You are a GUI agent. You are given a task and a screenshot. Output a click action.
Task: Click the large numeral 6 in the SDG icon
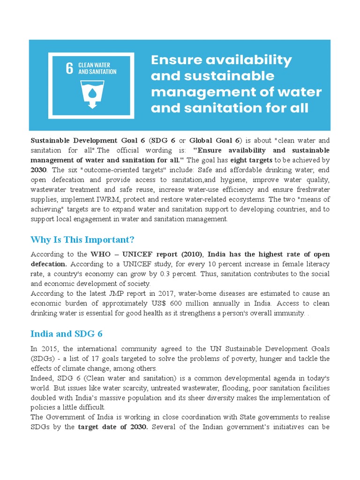click(x=69, y=68)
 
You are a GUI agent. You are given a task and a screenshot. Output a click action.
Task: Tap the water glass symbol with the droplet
click(x=92, y=93)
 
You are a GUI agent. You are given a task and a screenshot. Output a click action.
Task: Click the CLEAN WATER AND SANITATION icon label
click(x=97, y=68)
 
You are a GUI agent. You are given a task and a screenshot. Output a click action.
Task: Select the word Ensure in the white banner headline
click(x=173, y=60)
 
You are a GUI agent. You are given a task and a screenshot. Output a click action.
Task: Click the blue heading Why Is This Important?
click(x=82, y=240)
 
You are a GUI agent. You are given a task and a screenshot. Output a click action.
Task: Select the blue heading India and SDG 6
click(x=67, y=334)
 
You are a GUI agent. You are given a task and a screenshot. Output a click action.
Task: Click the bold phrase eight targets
click(x=251, y=160)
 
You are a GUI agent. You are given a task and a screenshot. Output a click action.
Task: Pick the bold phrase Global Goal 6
click(x=214, y=140)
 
